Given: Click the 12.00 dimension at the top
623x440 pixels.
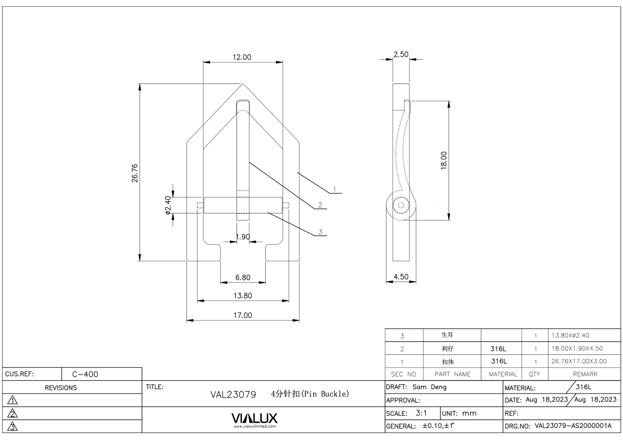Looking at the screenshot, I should click(242, 57).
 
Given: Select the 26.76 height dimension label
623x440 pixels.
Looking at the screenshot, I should click(135, 173).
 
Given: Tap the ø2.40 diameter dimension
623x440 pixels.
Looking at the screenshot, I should click(168, 205).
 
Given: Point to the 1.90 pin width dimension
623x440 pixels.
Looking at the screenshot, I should click(243, 237).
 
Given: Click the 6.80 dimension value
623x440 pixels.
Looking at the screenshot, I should click(243, 278).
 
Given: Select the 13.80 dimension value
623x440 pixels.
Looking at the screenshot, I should click(243, 296).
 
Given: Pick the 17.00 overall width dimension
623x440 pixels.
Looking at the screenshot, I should click(243, 315).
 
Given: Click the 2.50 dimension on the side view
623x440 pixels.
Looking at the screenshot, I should click(401, 54).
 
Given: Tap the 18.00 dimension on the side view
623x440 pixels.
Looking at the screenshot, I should click(444, 160).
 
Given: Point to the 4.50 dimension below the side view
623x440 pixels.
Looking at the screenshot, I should click(401, 277).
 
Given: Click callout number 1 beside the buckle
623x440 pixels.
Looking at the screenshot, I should click(335, 190).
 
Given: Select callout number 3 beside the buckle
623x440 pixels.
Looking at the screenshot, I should click(320, 232).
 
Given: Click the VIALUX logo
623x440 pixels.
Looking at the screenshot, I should click(254, 418).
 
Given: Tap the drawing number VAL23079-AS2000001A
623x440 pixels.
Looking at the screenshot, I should click(573, 426).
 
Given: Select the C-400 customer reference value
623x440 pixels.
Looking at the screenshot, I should click(85, 374).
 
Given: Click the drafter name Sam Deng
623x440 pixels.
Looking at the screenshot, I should click(429, 387).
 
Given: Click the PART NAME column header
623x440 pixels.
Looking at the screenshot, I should click(452, 374).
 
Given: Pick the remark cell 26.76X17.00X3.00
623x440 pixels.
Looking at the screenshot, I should click(579, 361).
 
